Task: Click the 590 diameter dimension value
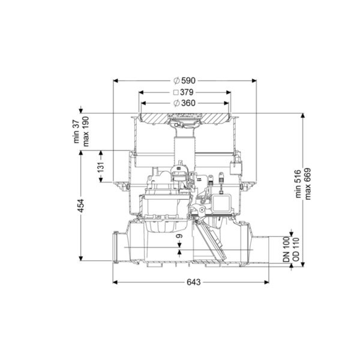(x=188, y=80)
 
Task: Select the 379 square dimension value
(x=187, y=92)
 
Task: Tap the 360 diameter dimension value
(x=188, y=103)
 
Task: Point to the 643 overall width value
(x=194, y=282)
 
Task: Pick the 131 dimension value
(x=101, y=167)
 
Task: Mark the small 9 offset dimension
(x=179, y=236)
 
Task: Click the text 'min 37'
(x=76, y=132)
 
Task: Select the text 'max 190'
(x=86, y=131)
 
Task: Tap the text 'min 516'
(x=298, y=184)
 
